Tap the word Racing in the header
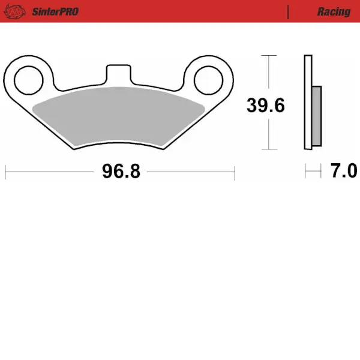tap(334, 11)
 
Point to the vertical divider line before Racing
tap(289, 11)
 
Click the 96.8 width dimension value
tap(121, 172)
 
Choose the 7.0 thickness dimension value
tap(344, 172)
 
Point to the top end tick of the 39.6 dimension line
tap(269, 55)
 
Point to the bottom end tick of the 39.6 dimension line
tap(269, 149)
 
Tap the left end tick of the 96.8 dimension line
tap(5, 172)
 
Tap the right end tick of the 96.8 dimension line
tap(235, 172)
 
